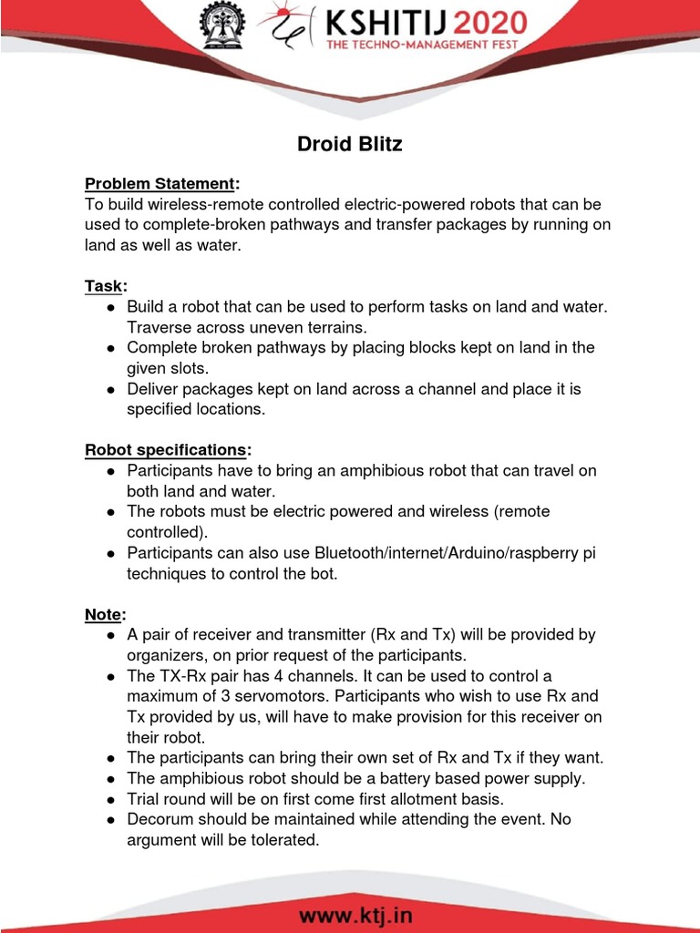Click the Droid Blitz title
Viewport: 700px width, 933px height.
pos(350,144)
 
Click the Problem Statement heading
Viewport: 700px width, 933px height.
pos(160,184)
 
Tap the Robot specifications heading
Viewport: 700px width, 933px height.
pos(166,450)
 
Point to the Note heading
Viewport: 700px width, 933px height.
pos(103,614)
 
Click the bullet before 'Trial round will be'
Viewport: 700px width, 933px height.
pos(109,799)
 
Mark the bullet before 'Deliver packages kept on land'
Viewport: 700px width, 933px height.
pos(109,389)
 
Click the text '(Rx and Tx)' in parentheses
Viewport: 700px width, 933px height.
pos(459,635)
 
